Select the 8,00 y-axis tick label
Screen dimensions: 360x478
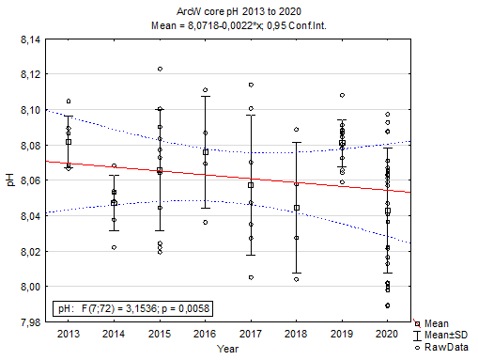(29, 287)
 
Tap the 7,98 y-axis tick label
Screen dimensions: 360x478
(29, 321)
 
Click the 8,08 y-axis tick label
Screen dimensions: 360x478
(29, 146)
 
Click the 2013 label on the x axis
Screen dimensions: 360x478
(69, 334)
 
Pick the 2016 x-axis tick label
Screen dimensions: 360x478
(206, 334)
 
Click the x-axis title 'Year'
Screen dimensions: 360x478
(228, 348)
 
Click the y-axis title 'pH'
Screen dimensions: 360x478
(10, 180)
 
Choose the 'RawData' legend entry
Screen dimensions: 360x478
(445, 346)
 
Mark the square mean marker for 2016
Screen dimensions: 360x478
(206, 151)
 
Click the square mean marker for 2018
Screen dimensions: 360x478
(297, 208)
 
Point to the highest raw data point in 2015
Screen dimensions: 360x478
(160, 69)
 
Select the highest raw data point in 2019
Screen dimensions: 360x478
(342, 95)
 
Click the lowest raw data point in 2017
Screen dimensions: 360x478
(251, 277)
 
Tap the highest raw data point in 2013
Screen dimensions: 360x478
(69, 101)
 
